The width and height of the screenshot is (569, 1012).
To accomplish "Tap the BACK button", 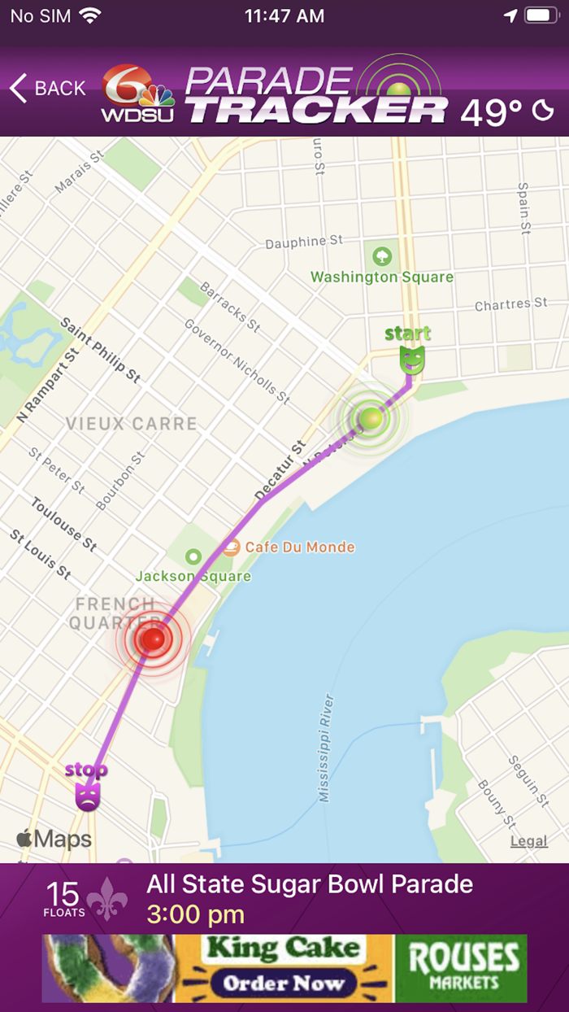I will tap(47, 88).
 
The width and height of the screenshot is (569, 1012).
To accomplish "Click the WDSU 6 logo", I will tap(137, 94).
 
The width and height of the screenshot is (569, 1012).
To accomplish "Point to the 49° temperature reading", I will tap(491, 112).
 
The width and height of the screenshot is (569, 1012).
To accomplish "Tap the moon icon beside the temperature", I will tap(543, 111).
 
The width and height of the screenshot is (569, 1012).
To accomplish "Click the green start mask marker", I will tap(412, 359).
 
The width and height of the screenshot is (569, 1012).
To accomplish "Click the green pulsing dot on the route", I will tap(371, 418).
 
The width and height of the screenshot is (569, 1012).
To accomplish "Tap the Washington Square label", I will tap(382, 277).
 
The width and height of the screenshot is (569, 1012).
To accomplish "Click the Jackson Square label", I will tap(193, 576).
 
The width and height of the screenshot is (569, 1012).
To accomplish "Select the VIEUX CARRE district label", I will tap(131, 423).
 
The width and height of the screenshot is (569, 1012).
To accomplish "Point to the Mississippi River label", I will tap(327, 748).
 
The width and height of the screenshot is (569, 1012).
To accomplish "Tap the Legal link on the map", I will tap(528, 841).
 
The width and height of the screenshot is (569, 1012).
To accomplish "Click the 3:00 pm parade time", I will tap(195, 914).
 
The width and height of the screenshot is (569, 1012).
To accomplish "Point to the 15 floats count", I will tap(63, 897).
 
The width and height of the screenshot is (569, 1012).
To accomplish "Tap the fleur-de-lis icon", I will tap(107, 898).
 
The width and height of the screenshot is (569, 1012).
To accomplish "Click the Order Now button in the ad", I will tap(284, 982).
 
